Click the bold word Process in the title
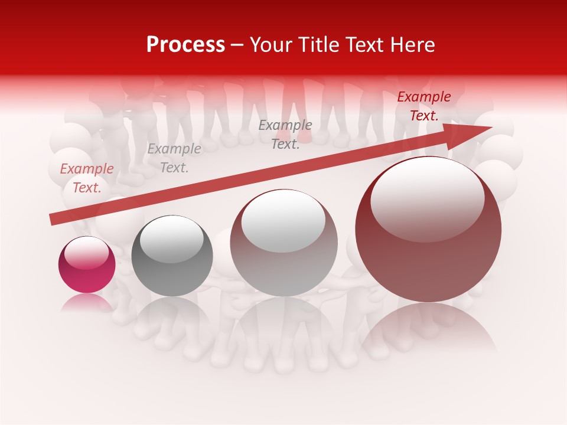point(185,45)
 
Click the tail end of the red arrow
point(53,220)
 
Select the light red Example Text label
point(87,178)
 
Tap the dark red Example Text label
point(424,106)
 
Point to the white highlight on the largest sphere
point(427,199)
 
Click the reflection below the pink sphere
point(86,302)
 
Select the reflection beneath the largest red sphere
point(428,325)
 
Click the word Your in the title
point(270,45)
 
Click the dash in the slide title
point(237,45)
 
